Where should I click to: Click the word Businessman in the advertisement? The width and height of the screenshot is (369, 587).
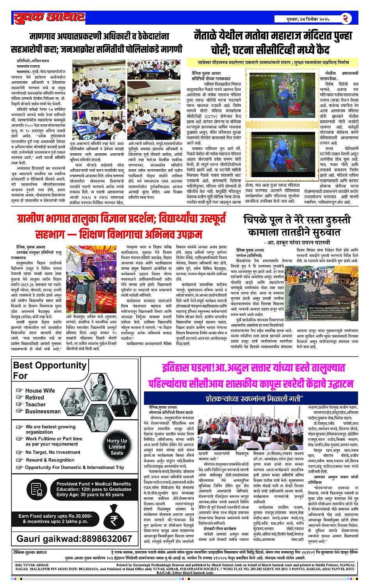pyautogui.click(x=43, y=411)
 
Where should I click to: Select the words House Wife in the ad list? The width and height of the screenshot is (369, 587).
pyautogui.click(x=40, y=390)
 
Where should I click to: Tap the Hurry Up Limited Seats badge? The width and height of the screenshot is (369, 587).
pyautogui.click(x=117, y=447)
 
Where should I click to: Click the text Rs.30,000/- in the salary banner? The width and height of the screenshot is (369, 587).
pyautogui.click(x=80, y=516)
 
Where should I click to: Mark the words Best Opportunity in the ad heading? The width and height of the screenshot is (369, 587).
pyautogui.click(x=49, y=365)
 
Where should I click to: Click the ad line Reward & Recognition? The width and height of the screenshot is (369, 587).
pyautogui.click(x=50, y=460)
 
